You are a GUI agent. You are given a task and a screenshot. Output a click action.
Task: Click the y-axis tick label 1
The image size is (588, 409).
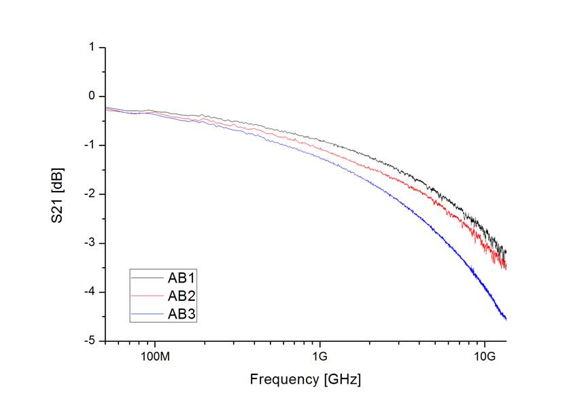(92, 48)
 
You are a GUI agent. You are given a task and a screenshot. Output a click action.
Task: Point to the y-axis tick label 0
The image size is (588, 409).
(92, 96)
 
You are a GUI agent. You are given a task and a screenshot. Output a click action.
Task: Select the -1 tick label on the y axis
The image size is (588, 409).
(90, 145)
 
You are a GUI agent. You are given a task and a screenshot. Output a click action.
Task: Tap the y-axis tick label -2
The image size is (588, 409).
(90, 194)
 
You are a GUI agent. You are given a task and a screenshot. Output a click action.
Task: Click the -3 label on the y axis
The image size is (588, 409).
(90, 243)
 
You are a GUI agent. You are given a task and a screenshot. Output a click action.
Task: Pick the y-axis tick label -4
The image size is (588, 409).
(90, 292)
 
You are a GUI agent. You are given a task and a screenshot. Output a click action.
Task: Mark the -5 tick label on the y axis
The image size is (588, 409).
(90, 341)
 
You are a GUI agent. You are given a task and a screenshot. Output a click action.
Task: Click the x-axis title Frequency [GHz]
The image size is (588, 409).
(305, 379)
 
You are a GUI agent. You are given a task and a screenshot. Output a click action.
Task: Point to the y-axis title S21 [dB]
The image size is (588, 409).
(62, 194)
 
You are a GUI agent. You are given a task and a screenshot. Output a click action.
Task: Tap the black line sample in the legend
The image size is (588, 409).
(148, 277)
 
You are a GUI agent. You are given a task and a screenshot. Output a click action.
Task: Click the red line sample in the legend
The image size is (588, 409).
(148, 296)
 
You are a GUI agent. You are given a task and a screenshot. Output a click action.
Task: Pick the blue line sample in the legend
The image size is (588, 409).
(148, 313)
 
